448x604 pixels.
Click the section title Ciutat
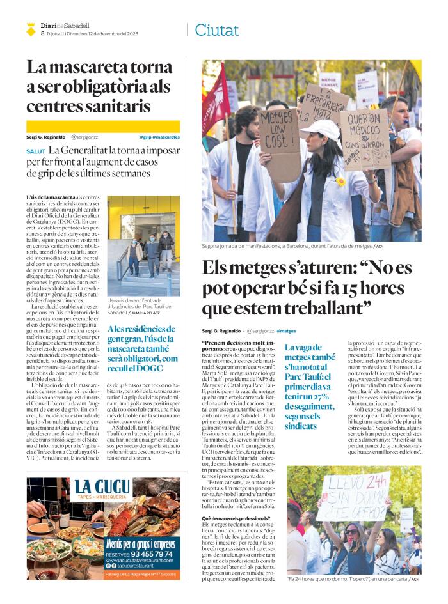click(216, 30)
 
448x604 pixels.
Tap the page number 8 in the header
click(42, 33)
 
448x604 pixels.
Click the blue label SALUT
click(36, 151)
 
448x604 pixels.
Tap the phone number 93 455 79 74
click(139, 554)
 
